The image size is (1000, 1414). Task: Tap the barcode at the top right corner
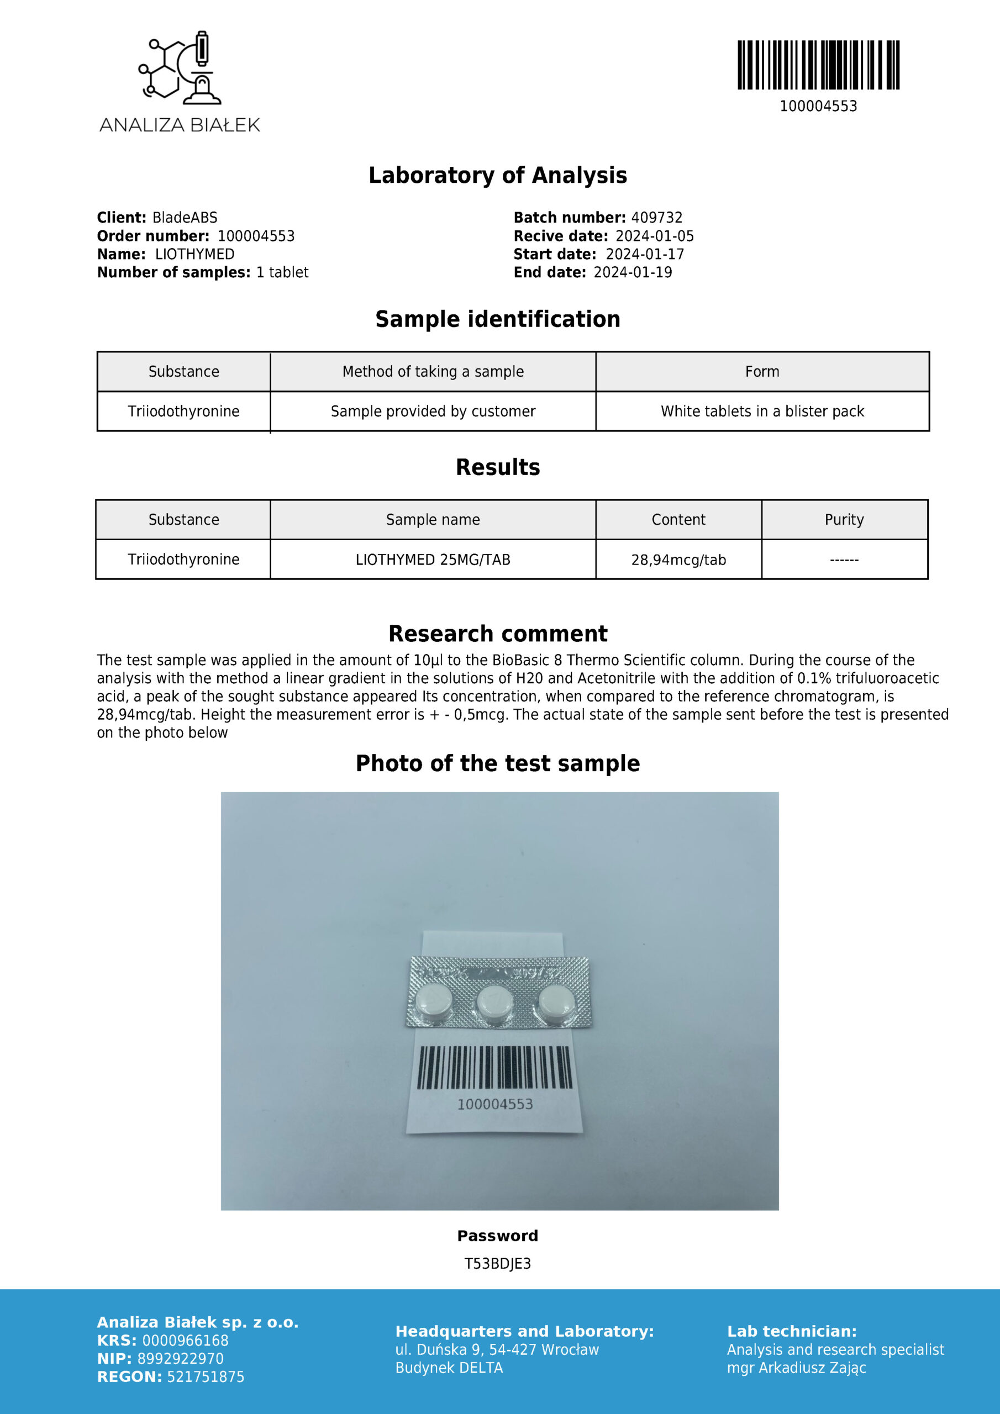coord(818,65)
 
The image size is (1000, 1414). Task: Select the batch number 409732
coord(657,218)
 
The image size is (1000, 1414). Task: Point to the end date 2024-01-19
coord(633,272)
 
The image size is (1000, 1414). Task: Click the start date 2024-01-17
coord(645,254)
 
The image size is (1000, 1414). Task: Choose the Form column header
coord(762,371)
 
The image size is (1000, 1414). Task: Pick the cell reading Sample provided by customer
coord(433,411)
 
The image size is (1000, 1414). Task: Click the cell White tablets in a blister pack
coord(762,411)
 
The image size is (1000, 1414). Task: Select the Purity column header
coord(844,519)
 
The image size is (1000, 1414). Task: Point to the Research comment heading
coord(498,633)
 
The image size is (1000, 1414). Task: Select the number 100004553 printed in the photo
coord(495,1104)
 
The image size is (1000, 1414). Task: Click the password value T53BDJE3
coord(498,1263)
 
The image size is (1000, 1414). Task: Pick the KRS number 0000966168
coord(185,1340)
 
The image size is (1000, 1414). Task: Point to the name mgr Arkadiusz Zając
coord(796,1368)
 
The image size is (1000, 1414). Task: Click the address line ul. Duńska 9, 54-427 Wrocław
coord(497,1349)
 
